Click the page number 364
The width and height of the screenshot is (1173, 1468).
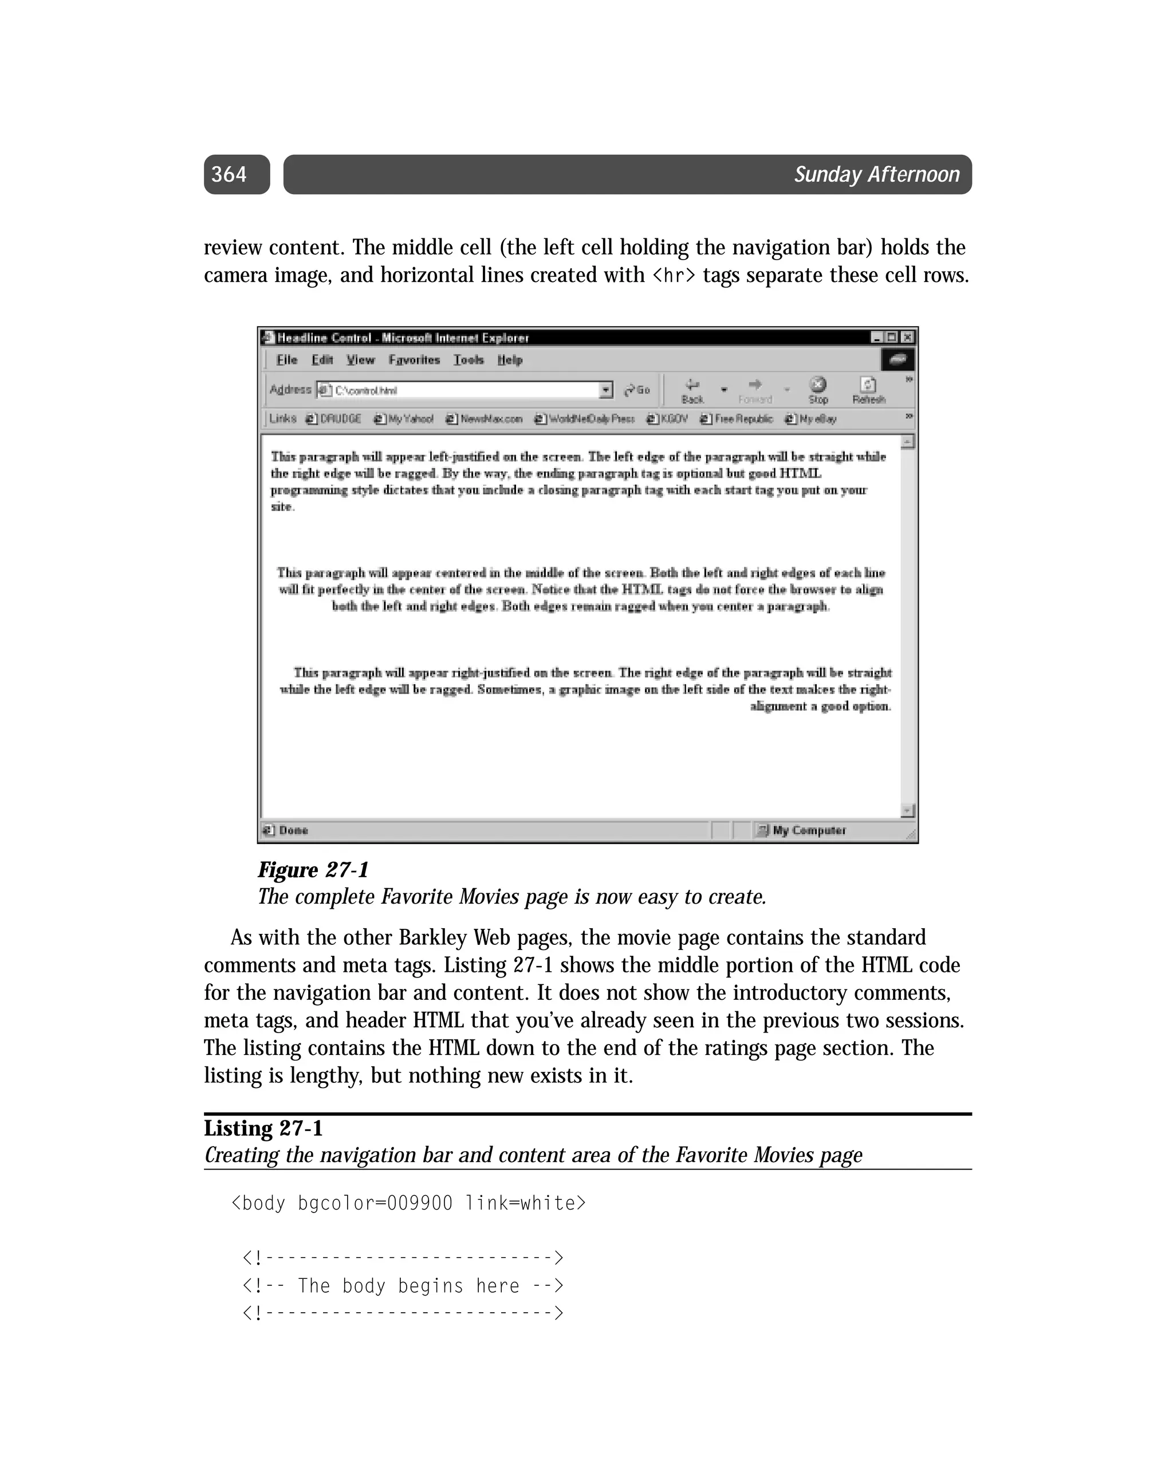pyautogui.click(x=229, y=174)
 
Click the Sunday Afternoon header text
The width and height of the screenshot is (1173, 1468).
pyautogui.click(x=876, y=174)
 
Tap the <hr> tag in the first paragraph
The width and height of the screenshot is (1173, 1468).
pyautogui.click(x=674, y=276)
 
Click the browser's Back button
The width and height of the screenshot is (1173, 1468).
pyautogui.click(x=692, y=391)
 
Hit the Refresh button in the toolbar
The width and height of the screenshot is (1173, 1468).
pyautogui.click(x=869, y=391)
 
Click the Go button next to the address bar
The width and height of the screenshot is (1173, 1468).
pyautogui.click(x=637, y=390)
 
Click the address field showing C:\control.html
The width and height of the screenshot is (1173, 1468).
pyautogui.click(x=463, y=390)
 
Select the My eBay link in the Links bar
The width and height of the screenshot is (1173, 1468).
pyautogui.click(x=810, y=419)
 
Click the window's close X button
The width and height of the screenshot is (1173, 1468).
pyautogui.click(x=907, y=337)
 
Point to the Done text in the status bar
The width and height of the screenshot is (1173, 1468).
pyautogui.click(x=293, y=830)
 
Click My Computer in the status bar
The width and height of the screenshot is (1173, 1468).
pyautogui.click(x=808, y=830)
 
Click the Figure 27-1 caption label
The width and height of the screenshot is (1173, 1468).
pyautogui.click(x=313, y=870)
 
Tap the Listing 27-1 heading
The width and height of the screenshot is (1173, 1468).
pyautogui.click(x=263, y=1128)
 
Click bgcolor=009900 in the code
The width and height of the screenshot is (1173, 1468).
pyautogui.click(x=375, y=1203)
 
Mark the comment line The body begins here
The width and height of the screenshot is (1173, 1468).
pyautogui.click(x=403, y=1286)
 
